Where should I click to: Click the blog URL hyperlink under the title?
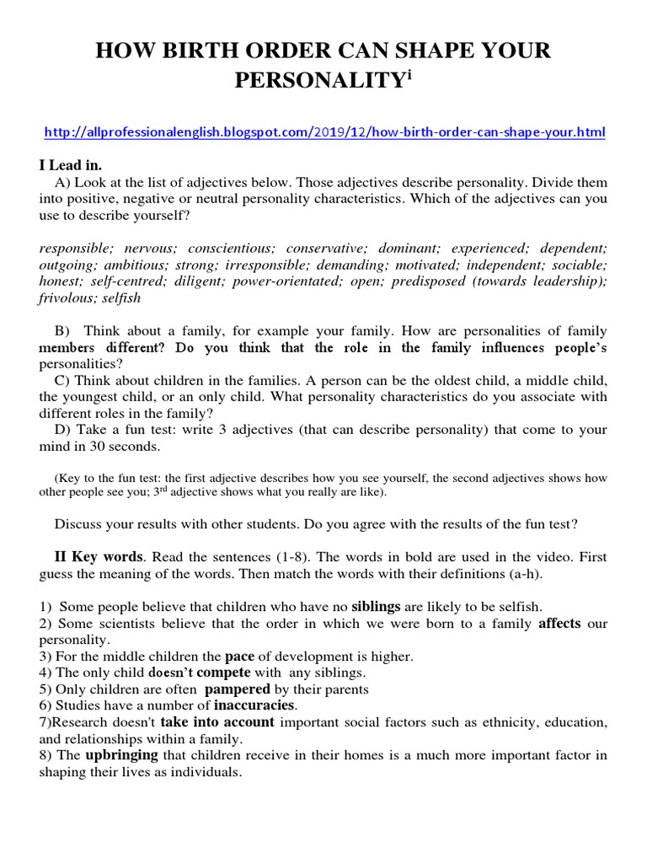coord(323,133)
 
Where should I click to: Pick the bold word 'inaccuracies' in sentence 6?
coord(254,705)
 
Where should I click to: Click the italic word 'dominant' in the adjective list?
coord(407,249)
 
